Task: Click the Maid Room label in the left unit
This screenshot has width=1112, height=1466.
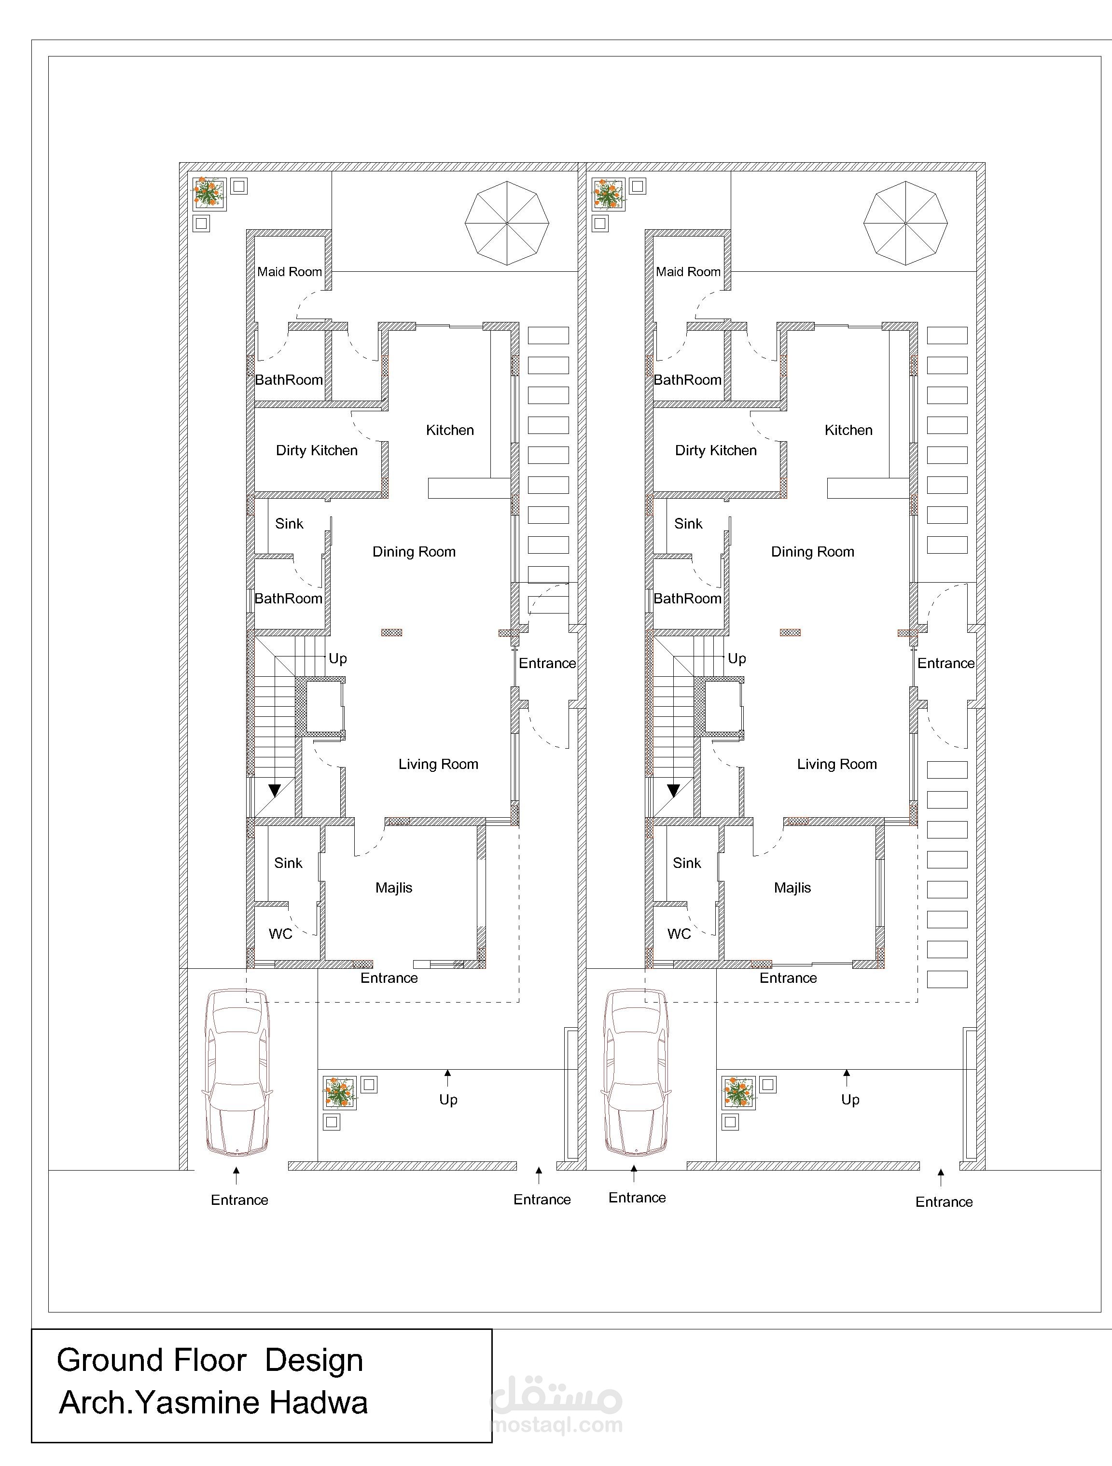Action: pos(290,272)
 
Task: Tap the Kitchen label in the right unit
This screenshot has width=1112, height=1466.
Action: pos(848,430)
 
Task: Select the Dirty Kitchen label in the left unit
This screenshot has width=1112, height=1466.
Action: pos(317,451)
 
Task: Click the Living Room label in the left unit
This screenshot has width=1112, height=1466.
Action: pos(438,764)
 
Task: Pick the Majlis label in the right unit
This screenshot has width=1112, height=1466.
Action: pos(792,888)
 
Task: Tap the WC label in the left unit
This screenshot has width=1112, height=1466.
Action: pos(280,934)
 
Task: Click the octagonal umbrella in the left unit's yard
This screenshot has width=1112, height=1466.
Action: pos(507,223)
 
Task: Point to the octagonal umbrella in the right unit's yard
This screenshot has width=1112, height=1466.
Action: pos(905,223)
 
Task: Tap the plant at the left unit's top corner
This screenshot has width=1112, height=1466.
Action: pos(209,194)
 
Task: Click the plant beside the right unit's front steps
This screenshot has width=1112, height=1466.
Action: pos(738,1093)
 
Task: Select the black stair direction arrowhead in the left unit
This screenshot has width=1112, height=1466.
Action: pos(274,791)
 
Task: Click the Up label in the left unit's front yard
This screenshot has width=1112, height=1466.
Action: pos(448,1100)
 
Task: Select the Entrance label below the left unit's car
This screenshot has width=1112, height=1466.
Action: pos(239,1200)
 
